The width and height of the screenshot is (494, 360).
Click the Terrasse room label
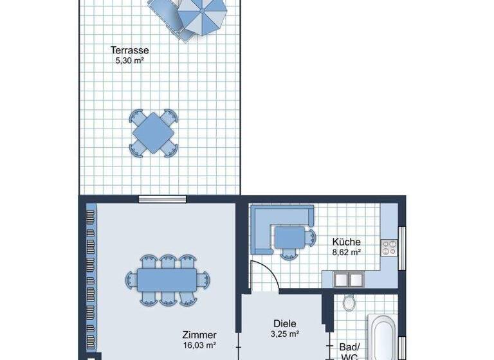click(x=130, y=50)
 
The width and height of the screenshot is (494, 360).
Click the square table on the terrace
click(x=153, y=132)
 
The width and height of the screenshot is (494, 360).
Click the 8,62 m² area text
click(x=346, y=253)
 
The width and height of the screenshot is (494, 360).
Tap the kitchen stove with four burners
click(x=389, y=248)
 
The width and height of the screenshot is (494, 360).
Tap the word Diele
click(x=284, y=323)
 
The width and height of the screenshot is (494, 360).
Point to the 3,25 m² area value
click(x=284, y=334)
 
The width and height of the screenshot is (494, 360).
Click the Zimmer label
click(x=199, y=335)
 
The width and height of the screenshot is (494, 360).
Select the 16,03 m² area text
click(x=199, y=346)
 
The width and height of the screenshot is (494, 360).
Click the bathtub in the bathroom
click(x=382, y=337)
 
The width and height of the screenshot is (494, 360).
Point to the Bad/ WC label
click(x=349, y=351)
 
